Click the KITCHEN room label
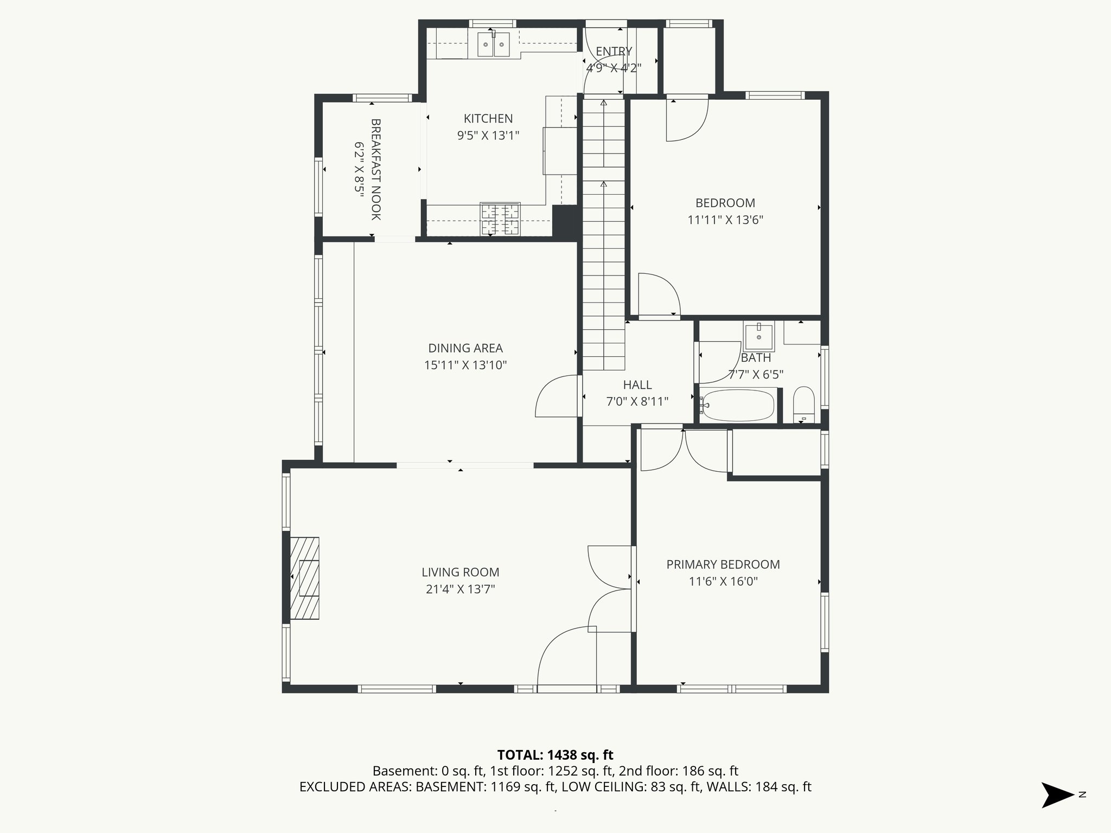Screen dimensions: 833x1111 click(488, 118)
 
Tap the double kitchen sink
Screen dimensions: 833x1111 click(494, 44)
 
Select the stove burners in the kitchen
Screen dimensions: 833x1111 click(500, 219)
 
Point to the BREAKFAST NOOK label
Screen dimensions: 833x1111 click(375, 169)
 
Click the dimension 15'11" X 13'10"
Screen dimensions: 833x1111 click(465, 365)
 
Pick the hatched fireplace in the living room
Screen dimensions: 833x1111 click(305, 578)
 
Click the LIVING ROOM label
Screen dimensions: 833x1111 click(460, 572)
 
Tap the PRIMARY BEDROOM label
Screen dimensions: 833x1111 click(723, 565)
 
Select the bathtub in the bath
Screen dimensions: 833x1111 click(737, 405)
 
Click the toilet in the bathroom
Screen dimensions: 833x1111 click(803, 403)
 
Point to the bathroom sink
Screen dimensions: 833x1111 click(758, 337)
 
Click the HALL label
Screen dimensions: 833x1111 click(637, 385)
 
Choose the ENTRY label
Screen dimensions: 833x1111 click(614, 52)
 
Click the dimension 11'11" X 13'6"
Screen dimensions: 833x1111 click(725, 220)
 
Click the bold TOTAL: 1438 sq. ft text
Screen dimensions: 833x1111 click(555, 755)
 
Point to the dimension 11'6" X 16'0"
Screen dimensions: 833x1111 click(723, 581)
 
